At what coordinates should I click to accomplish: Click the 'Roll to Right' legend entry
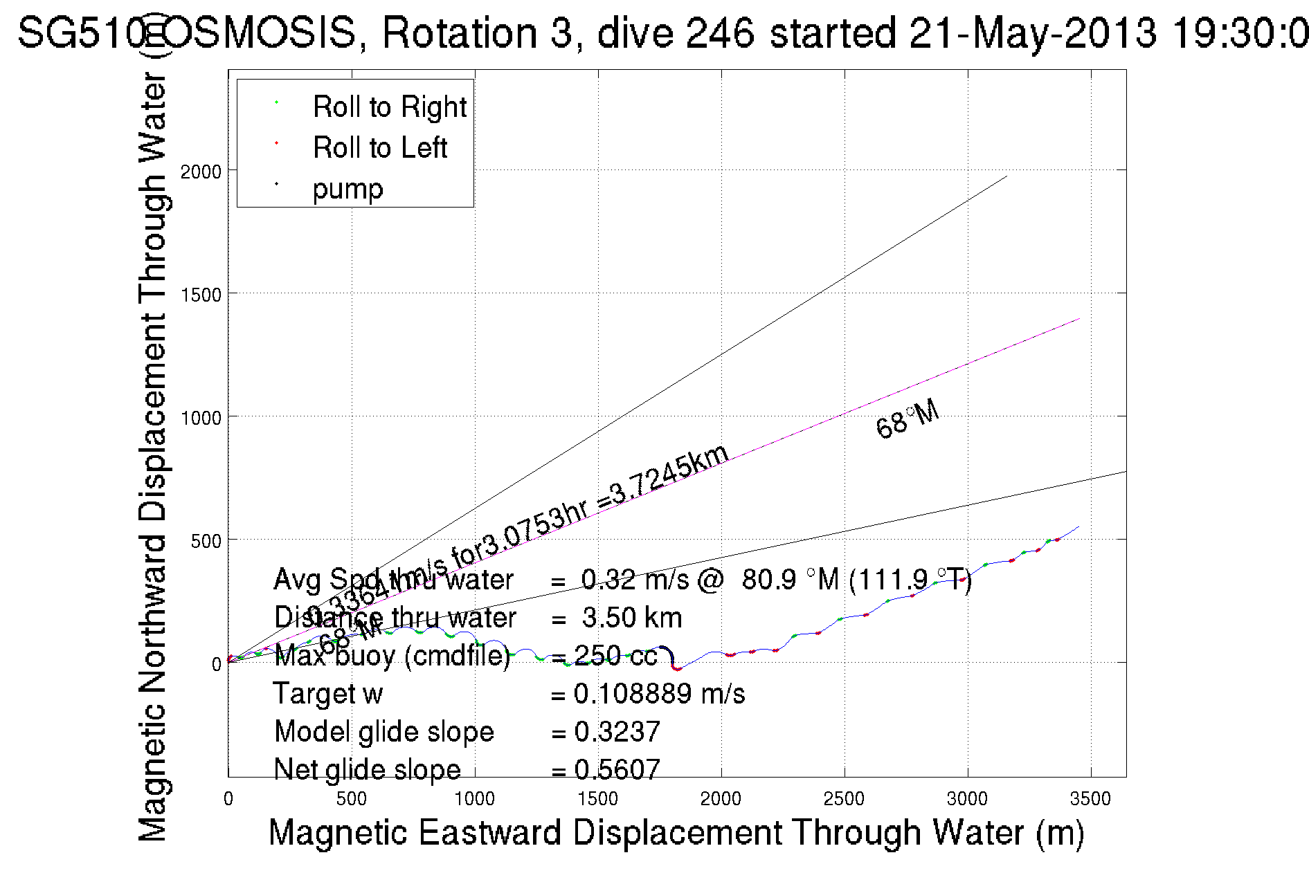(x=389, y=107)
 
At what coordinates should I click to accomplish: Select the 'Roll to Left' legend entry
(x=379, y=148)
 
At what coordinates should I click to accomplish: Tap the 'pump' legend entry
(x=347, y=189)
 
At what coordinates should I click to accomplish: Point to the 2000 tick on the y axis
(x=201, y=172)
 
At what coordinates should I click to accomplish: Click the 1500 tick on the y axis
(x=201, y=295)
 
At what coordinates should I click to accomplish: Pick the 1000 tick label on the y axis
(x=201, y=418)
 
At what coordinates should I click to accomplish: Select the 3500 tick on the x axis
(x=1090, y=799)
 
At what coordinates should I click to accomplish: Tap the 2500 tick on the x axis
(x=844, y=799)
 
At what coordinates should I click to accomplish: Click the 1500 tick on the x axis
(x=597, y=799)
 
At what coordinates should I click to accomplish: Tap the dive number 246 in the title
(x=719, y=33)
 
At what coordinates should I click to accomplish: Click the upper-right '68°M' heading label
(x=907, y=419)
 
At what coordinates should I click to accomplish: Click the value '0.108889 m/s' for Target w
(x=659, y=694)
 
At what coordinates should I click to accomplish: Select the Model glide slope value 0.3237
(x=617, y=732)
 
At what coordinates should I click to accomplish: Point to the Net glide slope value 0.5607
(x=617, y=769)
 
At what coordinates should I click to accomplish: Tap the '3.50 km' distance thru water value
(x=631, y=618)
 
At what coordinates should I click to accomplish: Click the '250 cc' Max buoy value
(x=615, y=656)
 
